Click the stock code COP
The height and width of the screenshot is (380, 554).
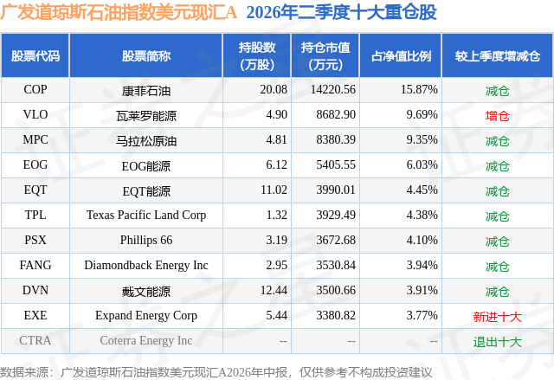tap(35, 89)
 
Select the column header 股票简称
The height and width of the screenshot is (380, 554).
tap(146, 55)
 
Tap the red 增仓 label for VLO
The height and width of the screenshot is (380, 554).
tap(498, 116)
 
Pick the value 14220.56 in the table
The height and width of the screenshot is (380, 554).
tap(332, 89)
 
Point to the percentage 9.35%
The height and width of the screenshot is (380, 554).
tap(422, 139)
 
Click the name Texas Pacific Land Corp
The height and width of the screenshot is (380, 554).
tap(146, 215)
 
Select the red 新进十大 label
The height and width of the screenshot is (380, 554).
tap(498, 317)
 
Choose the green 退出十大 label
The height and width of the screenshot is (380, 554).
tap(498, 342)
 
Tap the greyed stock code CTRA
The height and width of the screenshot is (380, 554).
tap(35, 340)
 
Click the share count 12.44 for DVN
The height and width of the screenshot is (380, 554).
tap(274, 290)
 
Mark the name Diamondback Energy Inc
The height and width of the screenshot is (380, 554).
tap(146, 265)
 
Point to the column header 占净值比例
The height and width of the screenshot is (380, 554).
tap(401, 55)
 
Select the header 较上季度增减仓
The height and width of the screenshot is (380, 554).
tap(498, 55)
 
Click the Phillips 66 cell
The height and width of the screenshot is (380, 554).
tap(146, 240)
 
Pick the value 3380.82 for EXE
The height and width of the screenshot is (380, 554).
tap(336, 315)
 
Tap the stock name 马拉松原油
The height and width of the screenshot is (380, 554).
tap(146, 141)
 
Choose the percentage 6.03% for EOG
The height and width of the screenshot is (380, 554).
tap(422, 164)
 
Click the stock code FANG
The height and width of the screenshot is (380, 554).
tap(35, 265)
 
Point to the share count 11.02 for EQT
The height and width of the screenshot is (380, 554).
tap(274, 190)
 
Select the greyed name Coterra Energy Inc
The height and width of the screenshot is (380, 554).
tap(146, 340)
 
